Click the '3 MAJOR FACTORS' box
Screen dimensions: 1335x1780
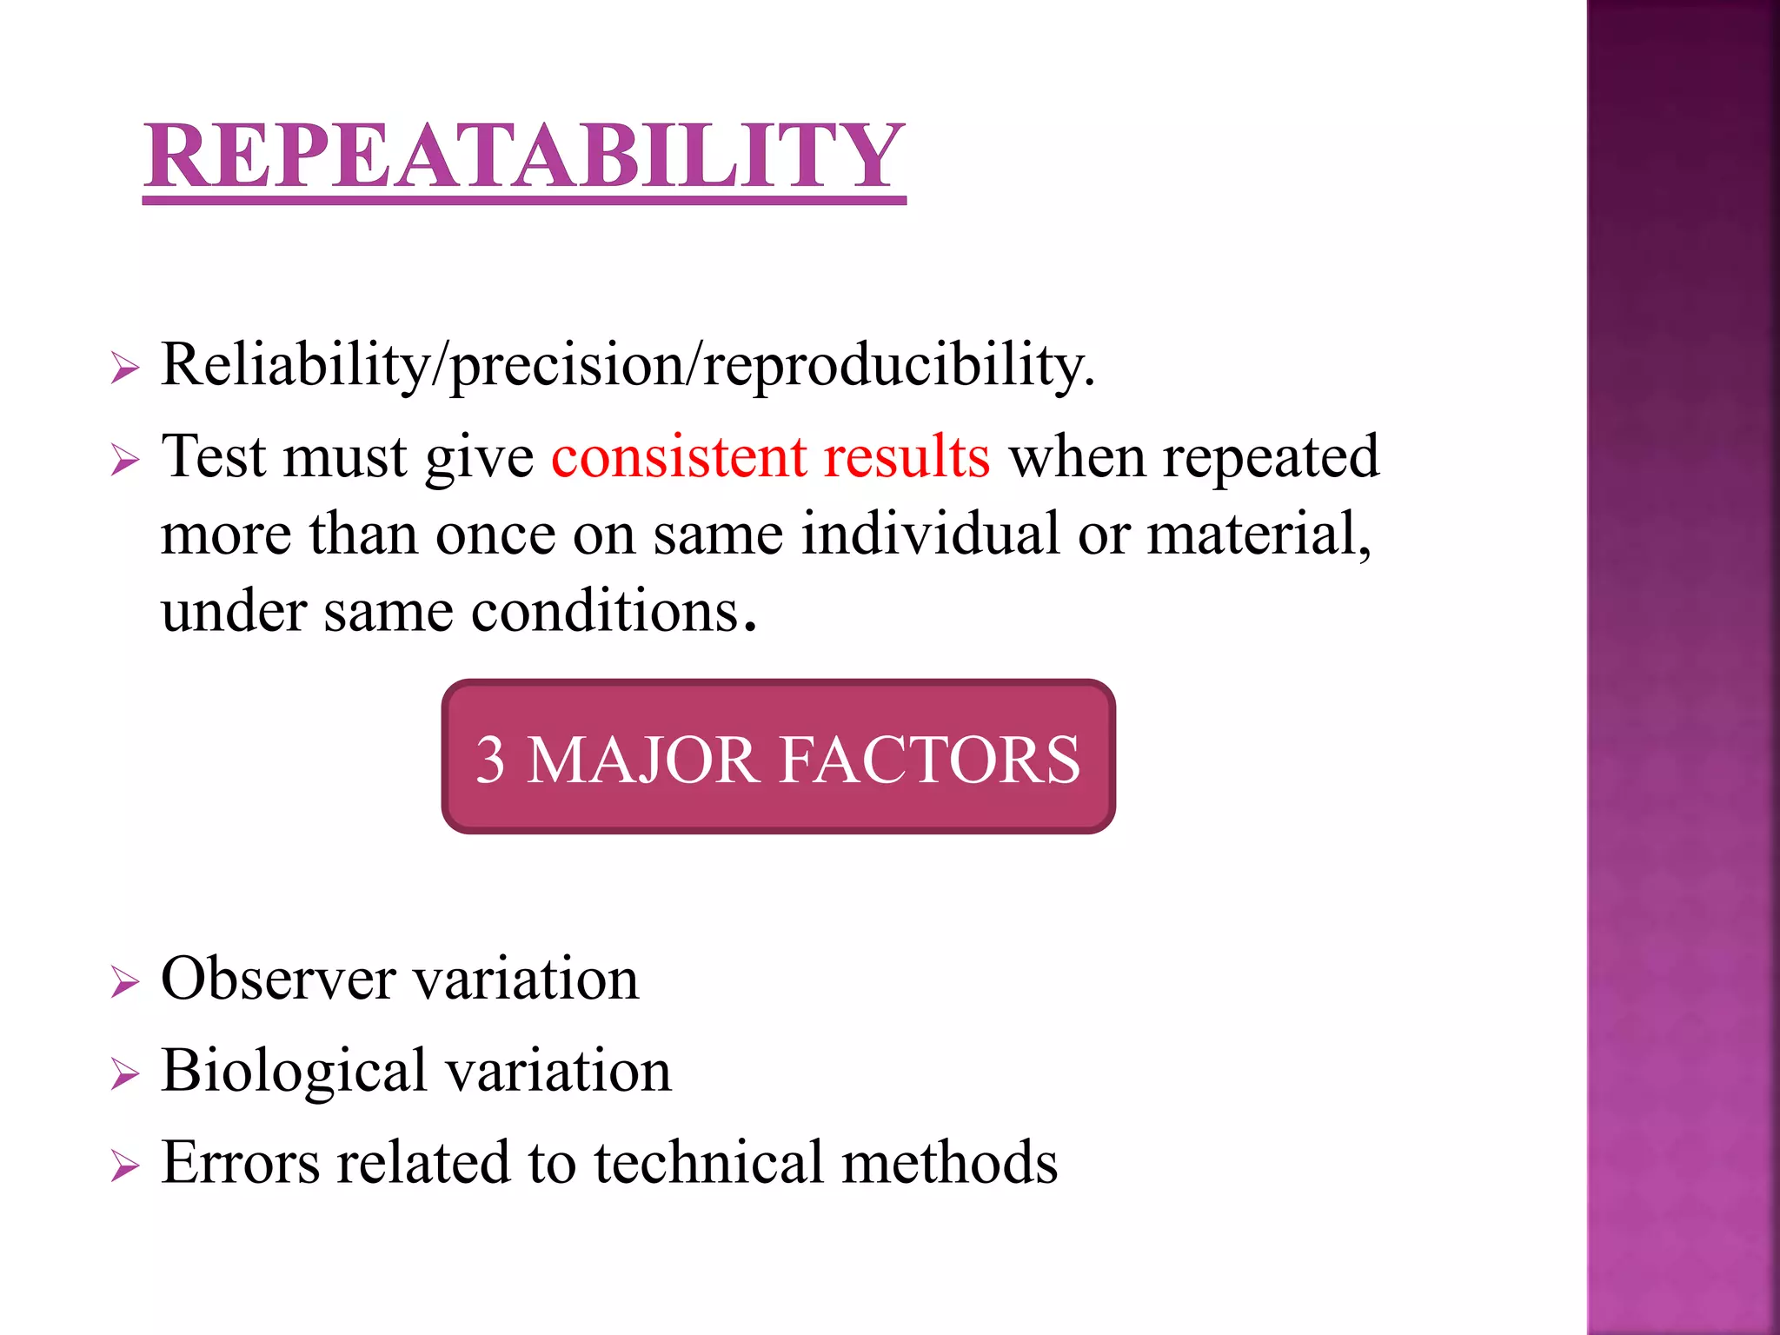[778, 756]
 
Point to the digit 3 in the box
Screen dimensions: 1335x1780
[490, 760]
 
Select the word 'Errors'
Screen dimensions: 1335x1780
[241, 1163]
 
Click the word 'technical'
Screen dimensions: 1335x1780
[708, 1163]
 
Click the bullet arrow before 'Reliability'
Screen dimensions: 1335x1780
[125, 369]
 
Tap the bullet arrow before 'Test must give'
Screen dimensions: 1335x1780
[125, 461]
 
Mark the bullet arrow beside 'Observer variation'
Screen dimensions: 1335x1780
[125, 983]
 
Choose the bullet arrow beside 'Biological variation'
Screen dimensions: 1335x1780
[125, 1075]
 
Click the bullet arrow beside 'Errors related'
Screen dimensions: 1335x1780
[125, 1166]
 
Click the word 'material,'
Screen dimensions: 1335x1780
[1259, 534]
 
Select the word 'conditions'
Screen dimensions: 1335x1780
[606, 611]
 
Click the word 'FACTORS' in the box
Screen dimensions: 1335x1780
[929, 760]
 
